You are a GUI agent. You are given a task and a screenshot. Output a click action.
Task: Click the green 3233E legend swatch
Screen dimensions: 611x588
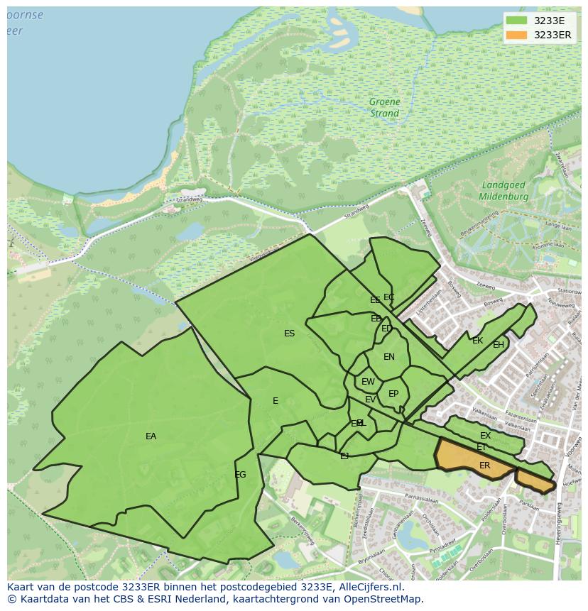click(517, 21)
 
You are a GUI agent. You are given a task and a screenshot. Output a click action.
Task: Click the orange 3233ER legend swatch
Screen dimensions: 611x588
click(517, 35)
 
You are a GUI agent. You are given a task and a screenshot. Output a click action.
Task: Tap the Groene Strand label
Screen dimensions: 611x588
click(384, 107)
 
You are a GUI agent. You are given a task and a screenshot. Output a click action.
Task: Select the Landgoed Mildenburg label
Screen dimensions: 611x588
click(503, 190)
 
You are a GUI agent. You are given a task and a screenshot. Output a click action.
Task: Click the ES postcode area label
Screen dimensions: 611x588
click(289, 334)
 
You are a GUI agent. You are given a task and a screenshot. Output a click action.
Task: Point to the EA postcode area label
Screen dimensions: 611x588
click(151, 436)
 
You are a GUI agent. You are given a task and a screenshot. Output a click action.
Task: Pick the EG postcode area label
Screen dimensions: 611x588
click(240, 474)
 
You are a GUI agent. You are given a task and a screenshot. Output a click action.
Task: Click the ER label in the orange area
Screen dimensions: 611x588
click(485, 466)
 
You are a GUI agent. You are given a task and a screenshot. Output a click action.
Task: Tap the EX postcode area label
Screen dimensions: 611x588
click(485, 435)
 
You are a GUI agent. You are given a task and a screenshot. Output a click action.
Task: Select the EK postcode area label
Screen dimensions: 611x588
click(477, 341)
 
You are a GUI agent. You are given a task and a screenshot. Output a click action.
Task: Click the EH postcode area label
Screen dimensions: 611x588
click(499, 345)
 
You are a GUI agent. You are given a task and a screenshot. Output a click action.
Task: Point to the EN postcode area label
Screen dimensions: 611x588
click(388, 357)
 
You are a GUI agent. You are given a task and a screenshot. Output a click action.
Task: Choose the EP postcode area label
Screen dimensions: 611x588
click(393, 394)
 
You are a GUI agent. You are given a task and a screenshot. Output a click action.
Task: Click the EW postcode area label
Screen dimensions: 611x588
click(368, 382)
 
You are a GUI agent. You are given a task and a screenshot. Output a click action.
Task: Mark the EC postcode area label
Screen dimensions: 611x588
click(388, 297)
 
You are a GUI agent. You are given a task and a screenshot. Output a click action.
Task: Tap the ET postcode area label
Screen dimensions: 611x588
click(481, 447)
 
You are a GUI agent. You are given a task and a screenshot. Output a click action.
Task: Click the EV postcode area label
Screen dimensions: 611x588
click(370, 400)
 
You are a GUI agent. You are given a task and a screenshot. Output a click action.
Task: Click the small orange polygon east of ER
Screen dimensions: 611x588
click(534, 480)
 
